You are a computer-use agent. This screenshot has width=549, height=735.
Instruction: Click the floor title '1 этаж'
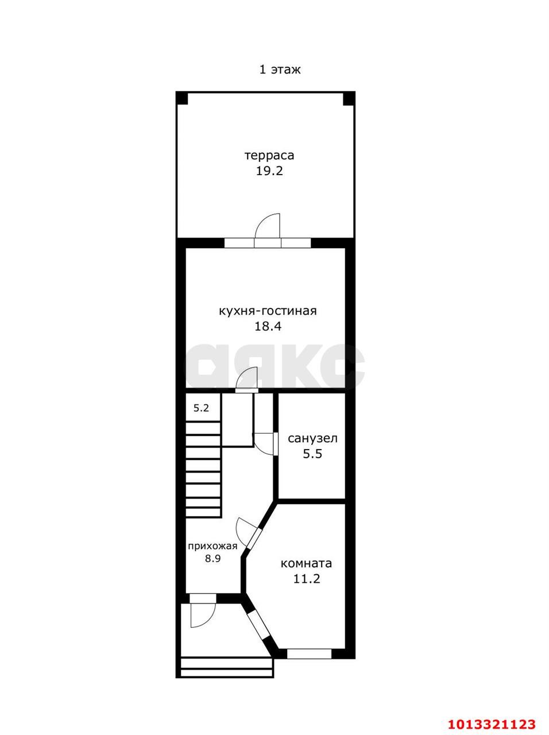(280, 69)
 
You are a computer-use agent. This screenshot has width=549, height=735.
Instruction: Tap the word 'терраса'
(269, 156)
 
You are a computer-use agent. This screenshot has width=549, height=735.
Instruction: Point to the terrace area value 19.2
(269, 171)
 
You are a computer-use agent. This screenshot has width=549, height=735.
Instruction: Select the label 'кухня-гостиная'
(268, 311)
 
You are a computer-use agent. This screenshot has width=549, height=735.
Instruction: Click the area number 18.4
(268, 327)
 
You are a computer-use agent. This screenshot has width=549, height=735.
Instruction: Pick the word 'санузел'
(312, 438)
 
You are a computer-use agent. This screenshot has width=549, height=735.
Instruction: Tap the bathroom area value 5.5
(312, 454)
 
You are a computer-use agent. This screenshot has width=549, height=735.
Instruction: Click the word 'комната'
(306, 563)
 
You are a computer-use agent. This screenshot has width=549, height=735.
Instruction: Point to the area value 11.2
(307, 579)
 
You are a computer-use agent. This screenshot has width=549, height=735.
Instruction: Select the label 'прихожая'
(212, 547)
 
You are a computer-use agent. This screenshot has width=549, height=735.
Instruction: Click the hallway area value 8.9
(213, 559)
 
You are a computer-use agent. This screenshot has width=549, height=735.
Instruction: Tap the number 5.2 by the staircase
(201, 408)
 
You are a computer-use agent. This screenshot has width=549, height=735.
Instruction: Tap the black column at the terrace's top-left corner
(182, 98)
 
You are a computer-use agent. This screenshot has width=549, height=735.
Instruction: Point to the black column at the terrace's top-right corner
(349, 98)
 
